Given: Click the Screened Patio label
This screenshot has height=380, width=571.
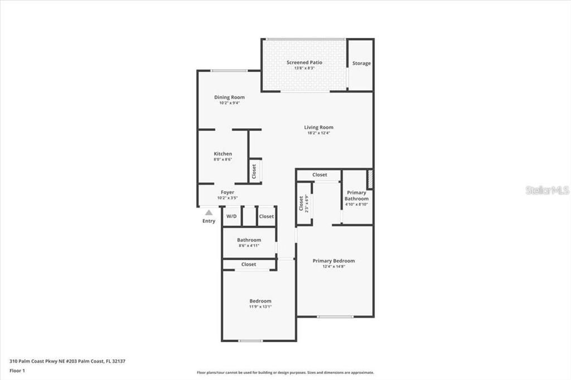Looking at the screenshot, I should (304, 62).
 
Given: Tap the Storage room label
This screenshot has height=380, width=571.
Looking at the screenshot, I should (361, 64).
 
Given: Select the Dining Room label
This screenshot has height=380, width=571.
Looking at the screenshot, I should (229, 98).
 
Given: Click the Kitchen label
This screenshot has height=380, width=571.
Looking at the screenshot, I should (222, 154).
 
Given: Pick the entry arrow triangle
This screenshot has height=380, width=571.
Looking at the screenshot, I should (209, 212).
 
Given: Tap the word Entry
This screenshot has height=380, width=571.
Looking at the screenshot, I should (209, 221).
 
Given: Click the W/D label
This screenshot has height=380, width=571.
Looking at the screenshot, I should (231, 216).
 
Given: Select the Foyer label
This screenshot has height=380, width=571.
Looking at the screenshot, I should (227, 192).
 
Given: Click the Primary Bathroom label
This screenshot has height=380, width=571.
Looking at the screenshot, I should (356, 196).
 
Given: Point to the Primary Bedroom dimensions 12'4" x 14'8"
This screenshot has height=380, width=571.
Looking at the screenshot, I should (333, 266).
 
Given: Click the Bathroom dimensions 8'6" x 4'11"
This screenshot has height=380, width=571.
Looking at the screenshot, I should (249, 246).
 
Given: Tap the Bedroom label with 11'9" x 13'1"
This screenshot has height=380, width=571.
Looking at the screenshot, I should (260, 301).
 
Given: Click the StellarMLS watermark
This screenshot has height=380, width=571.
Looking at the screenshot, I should (547, 190).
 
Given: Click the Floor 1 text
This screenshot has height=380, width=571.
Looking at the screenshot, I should (17, 370).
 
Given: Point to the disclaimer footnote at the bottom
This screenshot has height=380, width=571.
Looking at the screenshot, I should (285, 373).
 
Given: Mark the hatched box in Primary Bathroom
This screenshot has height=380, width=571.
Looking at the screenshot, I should (369, 179).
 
